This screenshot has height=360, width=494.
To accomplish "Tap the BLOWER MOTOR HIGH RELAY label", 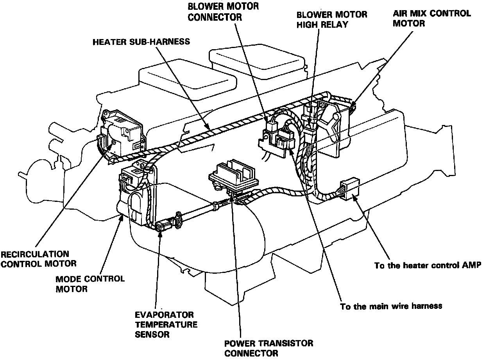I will click(332, 20).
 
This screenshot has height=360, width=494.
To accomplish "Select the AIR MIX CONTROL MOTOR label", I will click(431, 18).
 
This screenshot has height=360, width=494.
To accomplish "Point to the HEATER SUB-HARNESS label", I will click(141, 41).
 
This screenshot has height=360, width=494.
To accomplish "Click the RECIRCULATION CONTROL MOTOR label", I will click(38, 259).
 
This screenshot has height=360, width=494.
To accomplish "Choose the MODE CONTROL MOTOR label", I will click(90, 284).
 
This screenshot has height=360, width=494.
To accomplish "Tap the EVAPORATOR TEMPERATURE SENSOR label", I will click(166, 324).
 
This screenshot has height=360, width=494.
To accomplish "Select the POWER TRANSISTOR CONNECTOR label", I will click(268, 348).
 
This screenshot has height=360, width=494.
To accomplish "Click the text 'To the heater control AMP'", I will click(428, 266).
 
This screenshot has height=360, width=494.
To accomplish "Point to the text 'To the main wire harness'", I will click(391, 306).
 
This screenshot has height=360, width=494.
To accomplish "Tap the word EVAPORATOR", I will click(164, 315).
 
